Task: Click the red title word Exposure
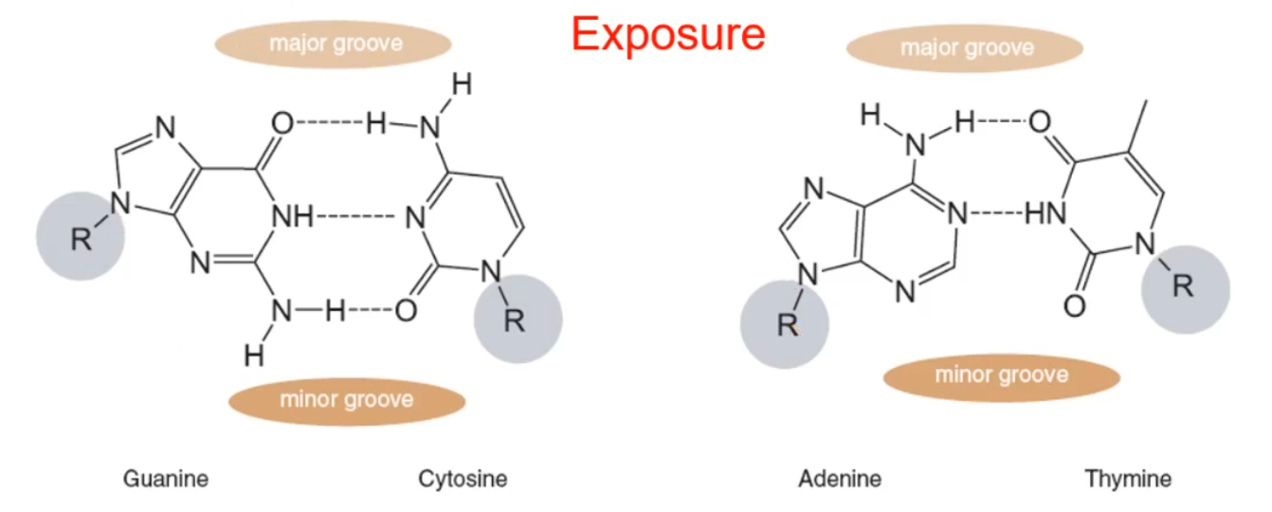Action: click(668, 35)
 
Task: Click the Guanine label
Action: click(165, 479)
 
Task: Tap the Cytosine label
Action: click(463, 479)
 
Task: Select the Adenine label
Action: click(840, 479)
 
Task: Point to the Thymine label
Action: click(1128, 479)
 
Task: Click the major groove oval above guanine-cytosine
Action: click(335, 44)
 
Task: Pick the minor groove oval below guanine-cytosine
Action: click(347, 399)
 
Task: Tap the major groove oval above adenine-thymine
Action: click(964, 47)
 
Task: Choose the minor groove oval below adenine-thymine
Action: click(1002, 375)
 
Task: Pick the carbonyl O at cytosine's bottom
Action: click(406, 311)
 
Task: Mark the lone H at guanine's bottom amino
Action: click(253, 356)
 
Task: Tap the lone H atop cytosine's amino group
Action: click(461, 84)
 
